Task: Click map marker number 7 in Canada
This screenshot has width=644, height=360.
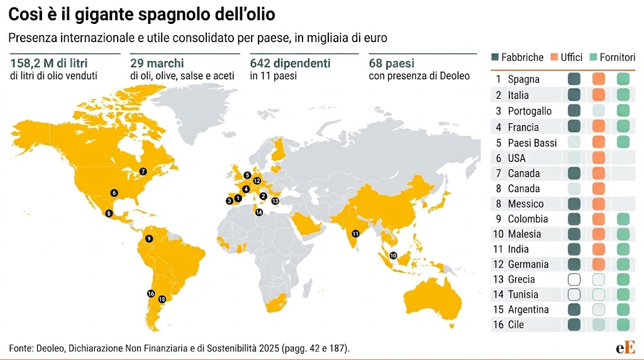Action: click(143, 171)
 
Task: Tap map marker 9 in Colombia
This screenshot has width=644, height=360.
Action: click(148, 239)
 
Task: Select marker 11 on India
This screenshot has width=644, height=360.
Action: click(355, 233)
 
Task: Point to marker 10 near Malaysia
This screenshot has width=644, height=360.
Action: click(393, 255)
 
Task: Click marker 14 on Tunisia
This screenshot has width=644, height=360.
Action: click(258, 212)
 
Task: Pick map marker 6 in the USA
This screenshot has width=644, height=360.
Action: click(114, 193)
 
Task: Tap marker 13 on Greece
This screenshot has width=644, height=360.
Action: click(275, 201)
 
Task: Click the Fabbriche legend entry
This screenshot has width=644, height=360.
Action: click(517, 57)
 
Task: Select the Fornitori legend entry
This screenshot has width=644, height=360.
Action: click(613, 57)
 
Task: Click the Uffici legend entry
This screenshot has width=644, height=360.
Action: click(567, 57)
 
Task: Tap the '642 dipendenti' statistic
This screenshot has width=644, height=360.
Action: click(290, 64)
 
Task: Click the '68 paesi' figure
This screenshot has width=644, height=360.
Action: click(391, 64)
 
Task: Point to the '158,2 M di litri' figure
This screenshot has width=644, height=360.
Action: click(49, 64)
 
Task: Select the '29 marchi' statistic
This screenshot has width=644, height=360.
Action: click(157, 64)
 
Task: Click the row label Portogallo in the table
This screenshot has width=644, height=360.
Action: click(530, 111)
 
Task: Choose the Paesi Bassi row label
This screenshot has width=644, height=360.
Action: click(532, 143)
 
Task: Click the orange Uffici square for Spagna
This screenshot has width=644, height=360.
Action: click(599, 79)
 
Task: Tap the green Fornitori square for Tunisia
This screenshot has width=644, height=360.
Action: click(623, 295)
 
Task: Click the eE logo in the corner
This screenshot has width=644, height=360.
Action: click(625, 347)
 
